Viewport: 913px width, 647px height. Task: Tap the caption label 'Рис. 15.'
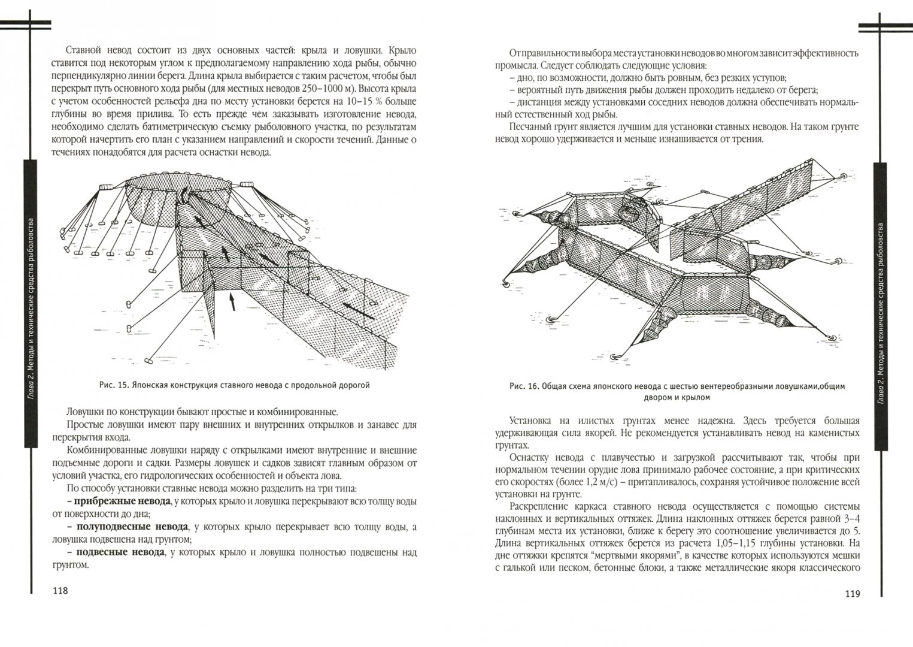(114, 386)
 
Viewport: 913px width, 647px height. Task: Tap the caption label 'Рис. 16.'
(523, 386)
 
